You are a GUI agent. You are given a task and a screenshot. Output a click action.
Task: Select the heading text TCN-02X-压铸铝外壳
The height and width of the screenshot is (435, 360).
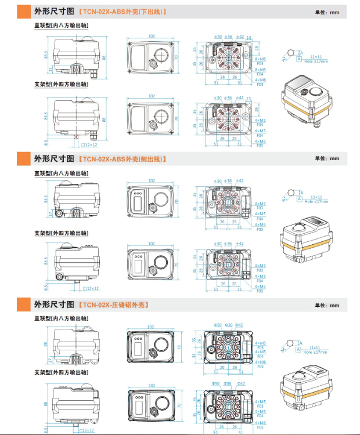[x=115, y=304]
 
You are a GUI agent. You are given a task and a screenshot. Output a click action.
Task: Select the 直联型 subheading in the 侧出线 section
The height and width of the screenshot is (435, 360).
[x=61, y=173]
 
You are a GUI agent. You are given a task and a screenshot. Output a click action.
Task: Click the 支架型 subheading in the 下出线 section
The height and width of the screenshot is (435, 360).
[x=61, y=85]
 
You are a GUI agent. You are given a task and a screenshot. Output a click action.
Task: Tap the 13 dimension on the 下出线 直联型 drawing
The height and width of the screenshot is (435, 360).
[x=249, y=37]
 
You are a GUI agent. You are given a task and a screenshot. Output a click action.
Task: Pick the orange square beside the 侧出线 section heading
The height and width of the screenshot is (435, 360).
[x=24, y=158]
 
